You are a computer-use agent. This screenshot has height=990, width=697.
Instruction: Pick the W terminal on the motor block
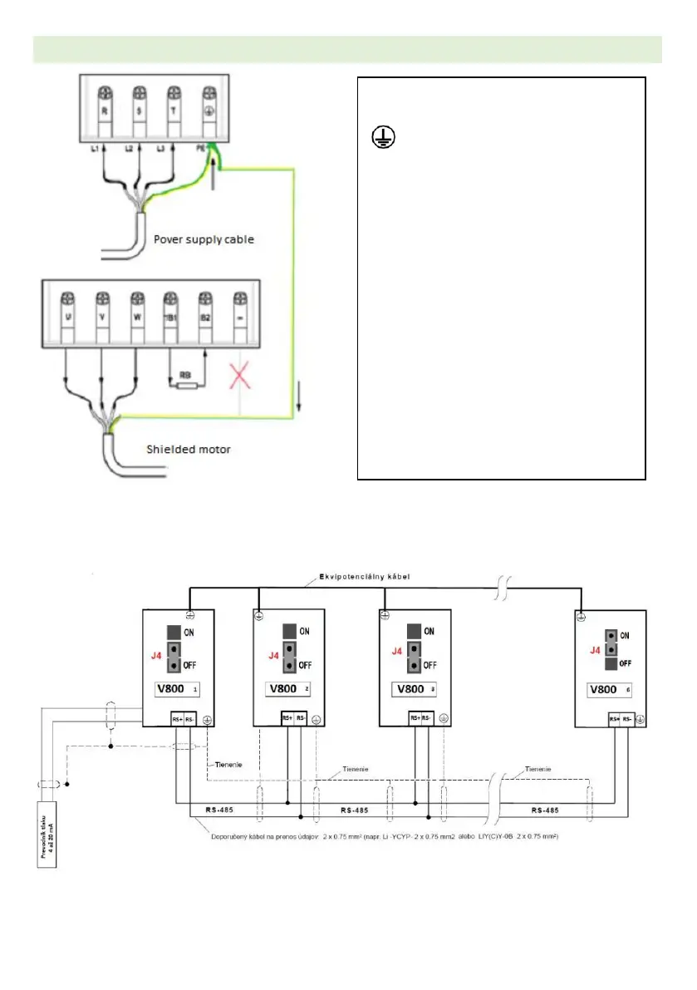click(x=136, y=318)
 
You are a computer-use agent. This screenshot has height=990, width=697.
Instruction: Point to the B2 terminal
click(x=204, y=318)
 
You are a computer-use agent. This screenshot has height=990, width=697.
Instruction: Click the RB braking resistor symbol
click(x=187, y=384)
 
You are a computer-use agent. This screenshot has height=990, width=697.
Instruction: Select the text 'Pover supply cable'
click(x=204, y=239)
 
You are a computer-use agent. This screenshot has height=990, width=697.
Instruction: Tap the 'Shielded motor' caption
click(x=189, y=450)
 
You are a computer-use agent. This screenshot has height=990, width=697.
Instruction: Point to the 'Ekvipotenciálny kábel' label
click(x=364, y=577)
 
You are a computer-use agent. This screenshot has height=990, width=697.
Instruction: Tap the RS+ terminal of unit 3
click(x=415, y=718)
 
